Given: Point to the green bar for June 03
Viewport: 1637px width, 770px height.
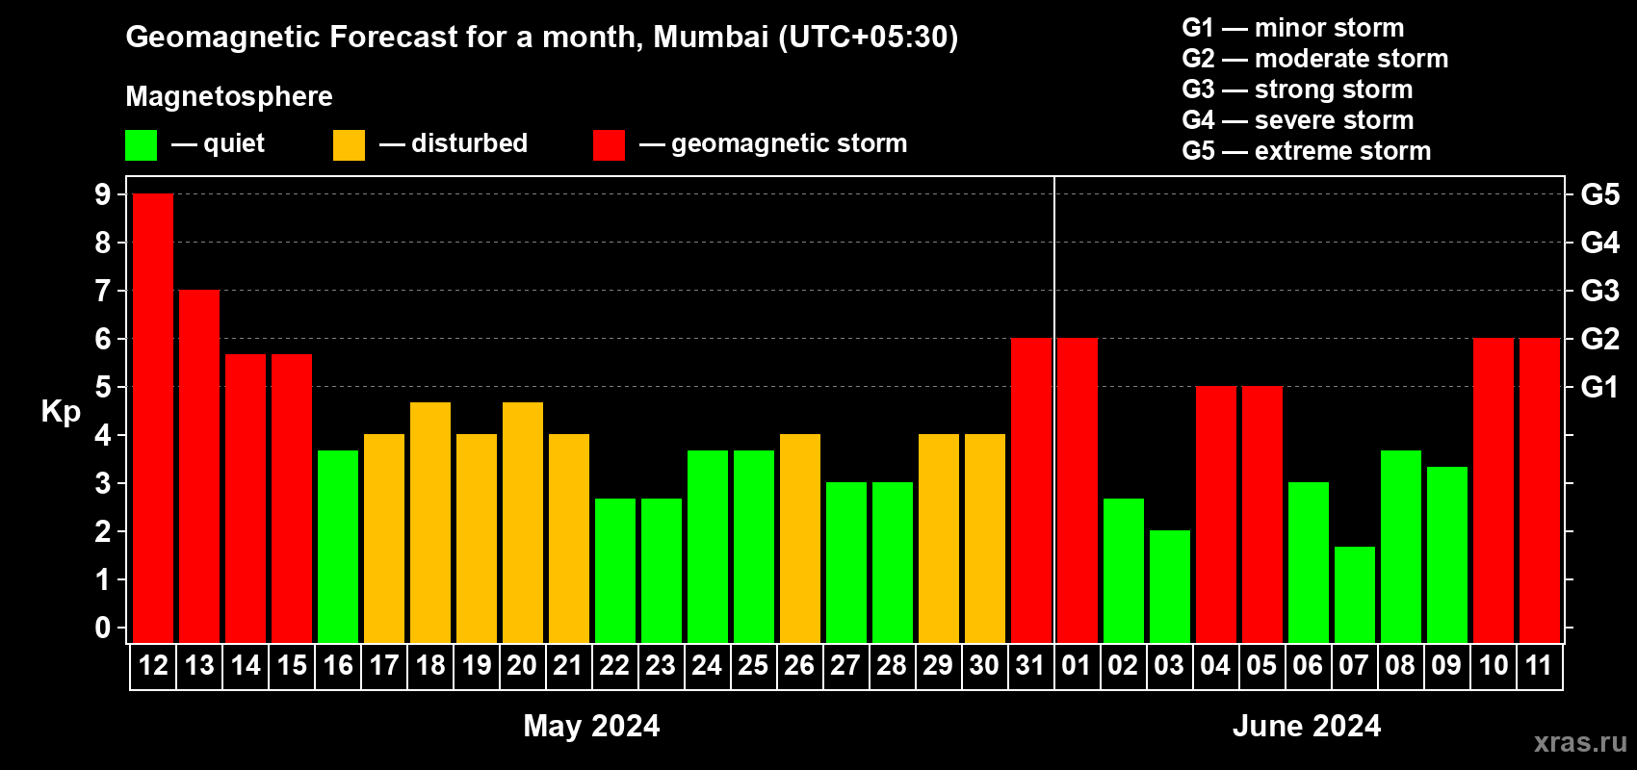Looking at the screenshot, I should pyautogui.click(x=1170, y=586).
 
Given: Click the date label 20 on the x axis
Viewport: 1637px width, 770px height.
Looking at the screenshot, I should pyautogui.click(x=522, y=666).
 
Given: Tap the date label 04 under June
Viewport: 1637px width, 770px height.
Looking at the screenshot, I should pyautogui.click(x=1215, y=666).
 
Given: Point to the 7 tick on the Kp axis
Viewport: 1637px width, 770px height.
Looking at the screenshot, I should pyautogui.click(x=103, y=291).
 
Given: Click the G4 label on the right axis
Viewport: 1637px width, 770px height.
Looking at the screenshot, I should pyautogui.click(x=1599, y=243).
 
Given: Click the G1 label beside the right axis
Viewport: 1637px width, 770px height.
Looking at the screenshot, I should pyautogui.click(x=1599, y=387).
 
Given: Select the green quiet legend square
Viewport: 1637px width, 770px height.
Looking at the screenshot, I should pyautogui.click(x=142, y=145).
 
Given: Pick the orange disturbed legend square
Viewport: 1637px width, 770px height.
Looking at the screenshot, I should pyautogui.click(x=349, y=145).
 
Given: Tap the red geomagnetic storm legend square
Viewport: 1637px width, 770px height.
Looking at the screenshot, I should pyautogui.click(x=609, y=145).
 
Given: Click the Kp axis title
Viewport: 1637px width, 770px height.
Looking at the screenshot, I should pyautogui.click(x=61, y=412).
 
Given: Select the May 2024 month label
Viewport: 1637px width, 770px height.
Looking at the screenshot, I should pyautogui.click(x=591, y=726).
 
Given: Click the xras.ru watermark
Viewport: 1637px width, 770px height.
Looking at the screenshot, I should pyautogui.click(x=1580, y=742).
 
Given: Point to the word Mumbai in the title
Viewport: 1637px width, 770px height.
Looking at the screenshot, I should pyautogui.click(x=711, y=37).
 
